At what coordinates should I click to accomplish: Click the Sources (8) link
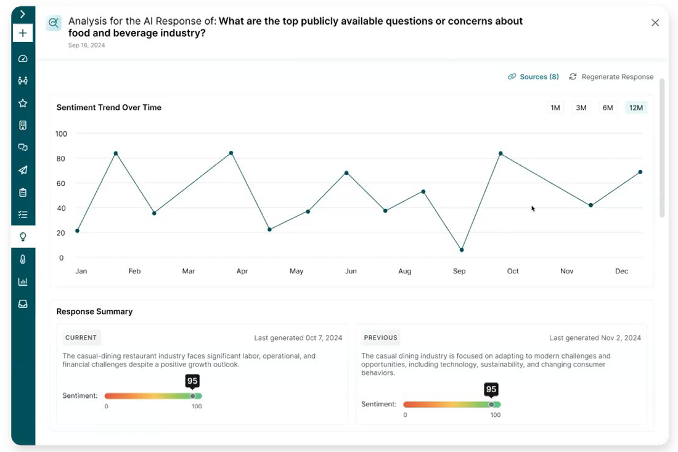(x=533, y=77)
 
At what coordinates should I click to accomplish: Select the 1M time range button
(x=555, y=108)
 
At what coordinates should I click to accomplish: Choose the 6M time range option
(x=608, y=108)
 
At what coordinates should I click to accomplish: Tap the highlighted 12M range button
(x=635, y=108)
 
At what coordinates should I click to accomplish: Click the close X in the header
(x=655, y=23)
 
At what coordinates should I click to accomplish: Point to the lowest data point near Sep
(x=462, y=250)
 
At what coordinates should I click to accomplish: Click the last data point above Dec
(x=640, y=172)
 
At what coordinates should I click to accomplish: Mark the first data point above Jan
(x=77, y=231)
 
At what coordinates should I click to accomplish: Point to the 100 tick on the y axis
(x=61, y=134)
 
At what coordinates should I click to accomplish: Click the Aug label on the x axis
(x=405, y=271)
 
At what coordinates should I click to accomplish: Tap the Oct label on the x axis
(x=513, y=271)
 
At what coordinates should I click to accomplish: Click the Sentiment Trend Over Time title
(x=109, y=107)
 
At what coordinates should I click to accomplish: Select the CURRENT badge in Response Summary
(x=81, y=337)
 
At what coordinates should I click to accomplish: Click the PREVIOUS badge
(x=380, y=337)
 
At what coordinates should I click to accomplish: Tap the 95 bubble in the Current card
(x=192, y=381)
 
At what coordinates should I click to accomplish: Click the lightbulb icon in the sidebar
(x=23, y=236)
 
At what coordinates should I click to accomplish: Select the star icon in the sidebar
(x=23, y=103)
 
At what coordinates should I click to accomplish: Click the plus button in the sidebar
(x=23, y=33)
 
